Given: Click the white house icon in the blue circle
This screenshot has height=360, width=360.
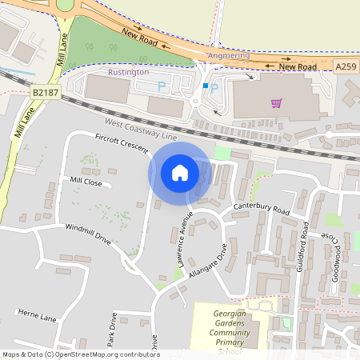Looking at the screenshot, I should pos(180,173).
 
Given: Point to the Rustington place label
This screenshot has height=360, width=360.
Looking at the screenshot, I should pos(128,72).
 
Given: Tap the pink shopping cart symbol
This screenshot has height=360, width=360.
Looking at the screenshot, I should pos(276,102).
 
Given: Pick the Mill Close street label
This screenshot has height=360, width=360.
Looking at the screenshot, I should pos(86,182).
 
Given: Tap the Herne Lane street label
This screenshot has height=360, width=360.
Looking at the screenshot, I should pos(38,318).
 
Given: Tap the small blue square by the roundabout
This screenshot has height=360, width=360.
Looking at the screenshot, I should pos(206,86).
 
